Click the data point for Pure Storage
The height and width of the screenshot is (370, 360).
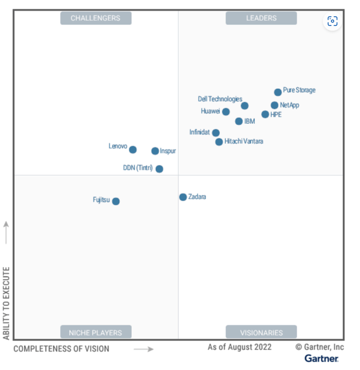tap(278, 92)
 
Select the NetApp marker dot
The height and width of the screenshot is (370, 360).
tap(274, 105)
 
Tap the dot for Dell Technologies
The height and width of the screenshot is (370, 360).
tap(245, 106)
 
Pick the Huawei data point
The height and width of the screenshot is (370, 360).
tap(226, 111)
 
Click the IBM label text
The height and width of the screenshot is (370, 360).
tap(249, 121)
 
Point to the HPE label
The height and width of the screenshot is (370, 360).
tap(276, 114)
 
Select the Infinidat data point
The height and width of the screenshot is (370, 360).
tap(216, 133)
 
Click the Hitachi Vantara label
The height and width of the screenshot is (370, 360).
tap(244, 141)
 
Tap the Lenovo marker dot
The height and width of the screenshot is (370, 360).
tap(133, 150)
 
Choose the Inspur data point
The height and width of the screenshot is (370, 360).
tap(155, 151)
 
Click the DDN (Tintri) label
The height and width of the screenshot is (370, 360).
tap(138, 168)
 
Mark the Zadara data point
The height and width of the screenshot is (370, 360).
tap(183, 197)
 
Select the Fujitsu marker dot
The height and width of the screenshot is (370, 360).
tap(116, 201)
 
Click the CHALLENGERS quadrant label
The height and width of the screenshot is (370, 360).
tap(96, 18)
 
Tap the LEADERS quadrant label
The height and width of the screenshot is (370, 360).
tap(261, 18)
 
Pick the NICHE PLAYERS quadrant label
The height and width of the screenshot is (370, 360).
tap(96, 332)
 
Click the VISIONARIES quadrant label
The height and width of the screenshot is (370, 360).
tap(261, 332)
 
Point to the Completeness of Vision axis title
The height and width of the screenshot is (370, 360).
tap(61, 349)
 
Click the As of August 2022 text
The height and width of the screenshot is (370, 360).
tap(239, 347)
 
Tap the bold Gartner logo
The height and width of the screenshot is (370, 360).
tap(321, 358)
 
